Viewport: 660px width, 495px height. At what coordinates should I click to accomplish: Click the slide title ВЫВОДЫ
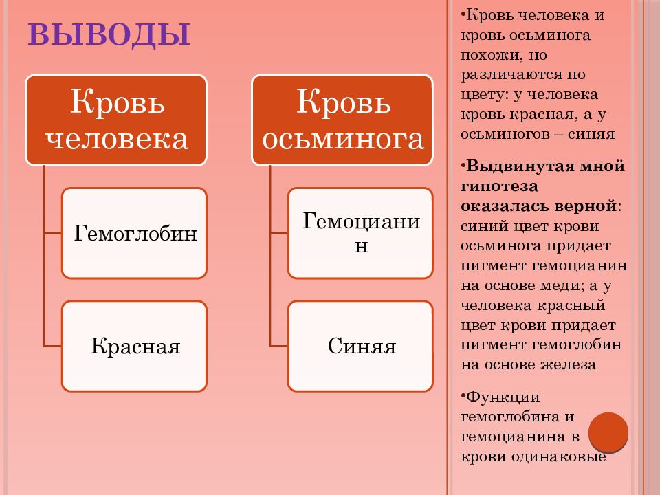pyautogui.click(x=109, y=34)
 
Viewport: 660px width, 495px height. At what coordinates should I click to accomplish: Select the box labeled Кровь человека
pyautogui.click(x=116, y=120)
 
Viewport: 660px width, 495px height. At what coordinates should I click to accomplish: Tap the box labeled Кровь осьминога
pyautogui.click(x=342, y=120)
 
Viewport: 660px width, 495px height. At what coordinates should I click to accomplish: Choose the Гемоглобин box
pyautogui.click(x=134, y=233)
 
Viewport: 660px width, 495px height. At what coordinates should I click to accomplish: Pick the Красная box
pyautogui.click(x=134, y=346)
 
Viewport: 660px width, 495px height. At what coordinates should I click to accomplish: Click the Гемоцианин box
pyautogui.click(x=360, y=233)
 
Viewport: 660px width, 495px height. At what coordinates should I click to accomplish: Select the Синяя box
pyautogui.click(x=360, y=346)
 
